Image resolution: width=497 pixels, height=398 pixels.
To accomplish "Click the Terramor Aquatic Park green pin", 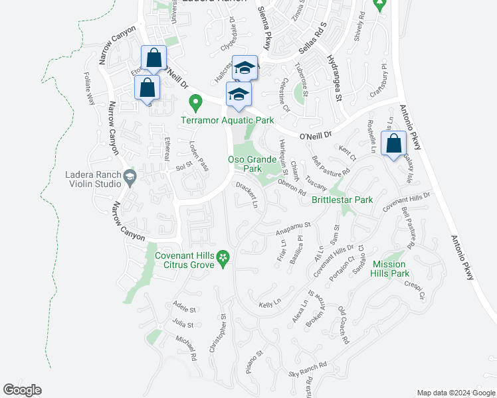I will tap(195, 103).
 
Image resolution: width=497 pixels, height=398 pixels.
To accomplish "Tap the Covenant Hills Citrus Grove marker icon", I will tap(224, 256).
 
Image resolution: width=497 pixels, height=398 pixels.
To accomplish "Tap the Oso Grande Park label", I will tap(252, 164).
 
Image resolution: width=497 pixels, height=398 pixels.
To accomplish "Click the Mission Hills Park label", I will tap(390, 268).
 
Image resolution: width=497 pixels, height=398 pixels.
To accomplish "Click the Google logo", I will tap(22, 390).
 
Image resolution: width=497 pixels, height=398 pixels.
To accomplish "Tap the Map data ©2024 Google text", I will tap(455, 393).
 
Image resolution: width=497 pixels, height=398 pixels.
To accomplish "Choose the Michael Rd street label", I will tap(185, 348).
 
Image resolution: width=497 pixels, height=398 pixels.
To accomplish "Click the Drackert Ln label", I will tap(247, 196).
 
